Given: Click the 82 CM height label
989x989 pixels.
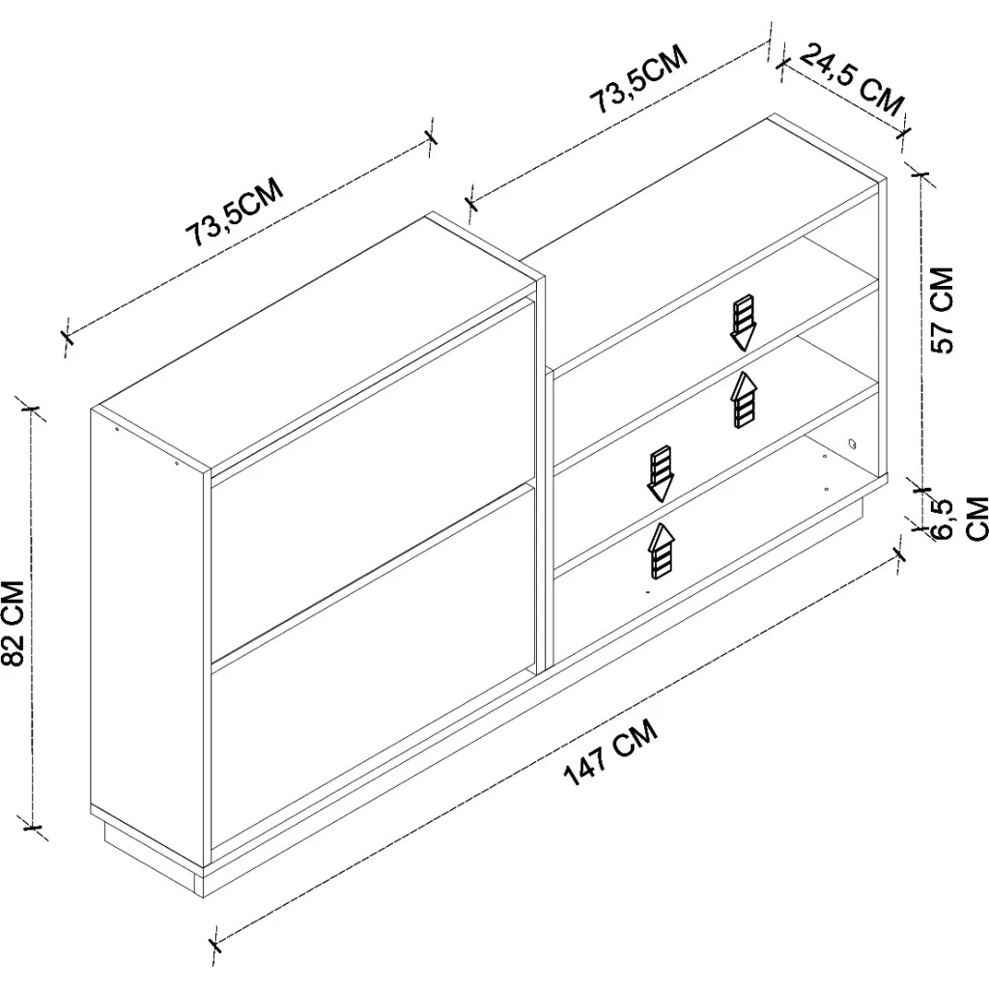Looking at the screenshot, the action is click(x=14, y=623).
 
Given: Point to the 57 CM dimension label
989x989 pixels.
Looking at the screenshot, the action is click(x=942, y=310).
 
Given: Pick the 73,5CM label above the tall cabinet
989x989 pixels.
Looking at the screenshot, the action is click(x=234, y=212).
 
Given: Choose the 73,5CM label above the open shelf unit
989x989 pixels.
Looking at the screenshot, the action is click(x=637, y=80).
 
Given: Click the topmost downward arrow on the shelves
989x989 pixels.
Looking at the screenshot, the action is click(x=743, y=323).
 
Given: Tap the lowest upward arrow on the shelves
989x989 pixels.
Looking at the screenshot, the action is click(x=661, y=551).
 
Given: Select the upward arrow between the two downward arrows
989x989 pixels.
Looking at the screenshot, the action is click(x=745, y=400).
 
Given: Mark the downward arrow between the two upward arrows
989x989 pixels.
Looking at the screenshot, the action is click(x=661, y=473).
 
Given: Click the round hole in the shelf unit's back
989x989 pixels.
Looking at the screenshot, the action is click(x=853, y=444).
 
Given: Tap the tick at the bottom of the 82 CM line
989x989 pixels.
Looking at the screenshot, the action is click(x=31, y=828).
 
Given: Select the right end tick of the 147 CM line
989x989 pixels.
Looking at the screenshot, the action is click(x=900, y=554).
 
